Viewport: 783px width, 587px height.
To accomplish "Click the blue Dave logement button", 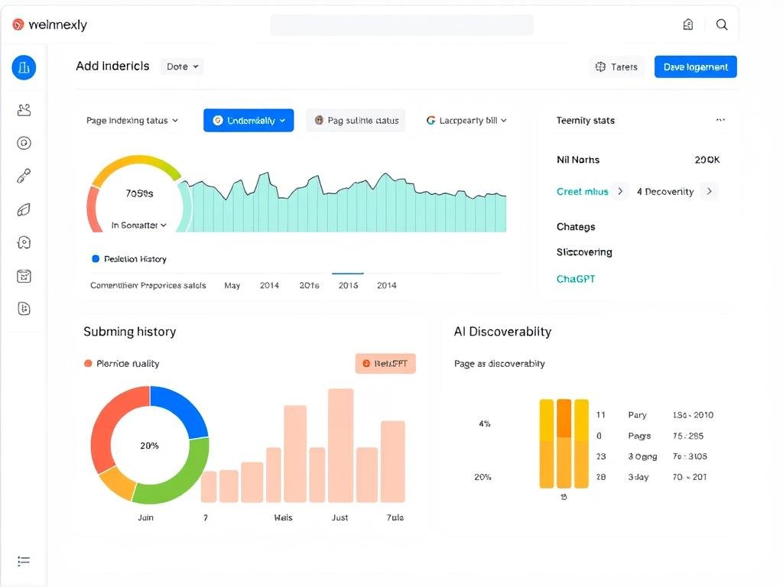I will [x=695, y=66].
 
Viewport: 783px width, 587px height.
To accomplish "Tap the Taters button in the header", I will [x=617, y=66].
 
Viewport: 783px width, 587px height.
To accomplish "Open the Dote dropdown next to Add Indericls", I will [x=182, y=66].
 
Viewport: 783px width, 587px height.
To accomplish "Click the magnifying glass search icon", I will [x=721, y=24].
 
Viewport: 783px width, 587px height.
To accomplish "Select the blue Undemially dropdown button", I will [x=249, y=120].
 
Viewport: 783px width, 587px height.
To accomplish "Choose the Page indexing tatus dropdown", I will [x=132, y=120].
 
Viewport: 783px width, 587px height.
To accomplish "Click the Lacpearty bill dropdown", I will [x=466, y=120].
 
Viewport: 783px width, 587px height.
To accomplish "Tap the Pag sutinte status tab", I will [x=356, y=120].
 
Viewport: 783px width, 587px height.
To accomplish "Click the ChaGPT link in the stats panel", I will [x=575, y=279].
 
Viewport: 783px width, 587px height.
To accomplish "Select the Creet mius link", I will [x=583, y=191].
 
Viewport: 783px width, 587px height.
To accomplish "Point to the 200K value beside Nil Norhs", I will [x=707, y=160].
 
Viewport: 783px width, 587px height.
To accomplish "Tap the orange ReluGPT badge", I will [x=385, y=364].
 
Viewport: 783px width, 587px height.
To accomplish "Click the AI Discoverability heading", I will [x=502, y=331].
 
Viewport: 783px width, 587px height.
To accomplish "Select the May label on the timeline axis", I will [x=232, y=285].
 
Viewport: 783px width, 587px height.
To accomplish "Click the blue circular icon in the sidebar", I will [x=24, y=67].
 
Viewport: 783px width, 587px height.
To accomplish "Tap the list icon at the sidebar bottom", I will [x=24, y=561].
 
